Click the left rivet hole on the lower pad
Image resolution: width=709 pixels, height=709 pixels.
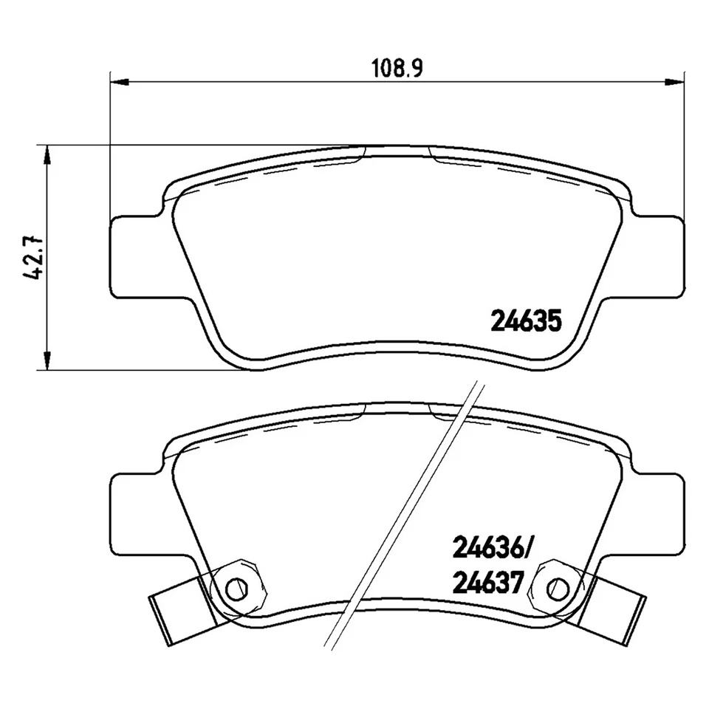[x=236, y=588]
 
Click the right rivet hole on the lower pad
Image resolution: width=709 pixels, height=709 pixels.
[x=561, y=588]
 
